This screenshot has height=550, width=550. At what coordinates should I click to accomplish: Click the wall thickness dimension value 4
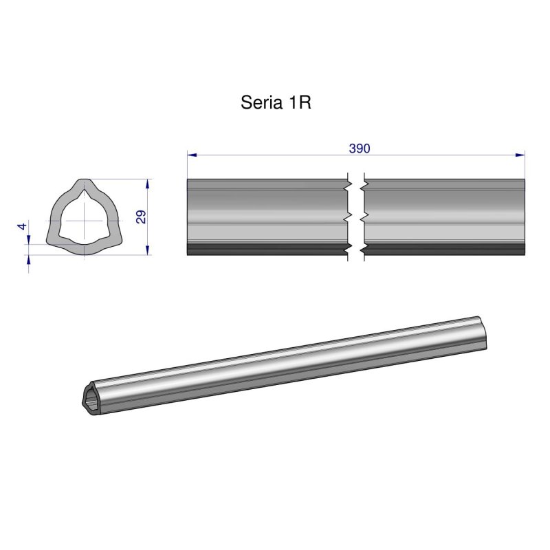[x=23, y=226]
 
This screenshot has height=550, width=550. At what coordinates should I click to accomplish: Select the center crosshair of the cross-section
[x=84, y=220]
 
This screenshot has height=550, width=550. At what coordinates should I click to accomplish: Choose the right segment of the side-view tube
[x=444, y=213]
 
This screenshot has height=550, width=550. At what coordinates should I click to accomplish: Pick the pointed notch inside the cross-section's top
[x=84, y=195]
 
